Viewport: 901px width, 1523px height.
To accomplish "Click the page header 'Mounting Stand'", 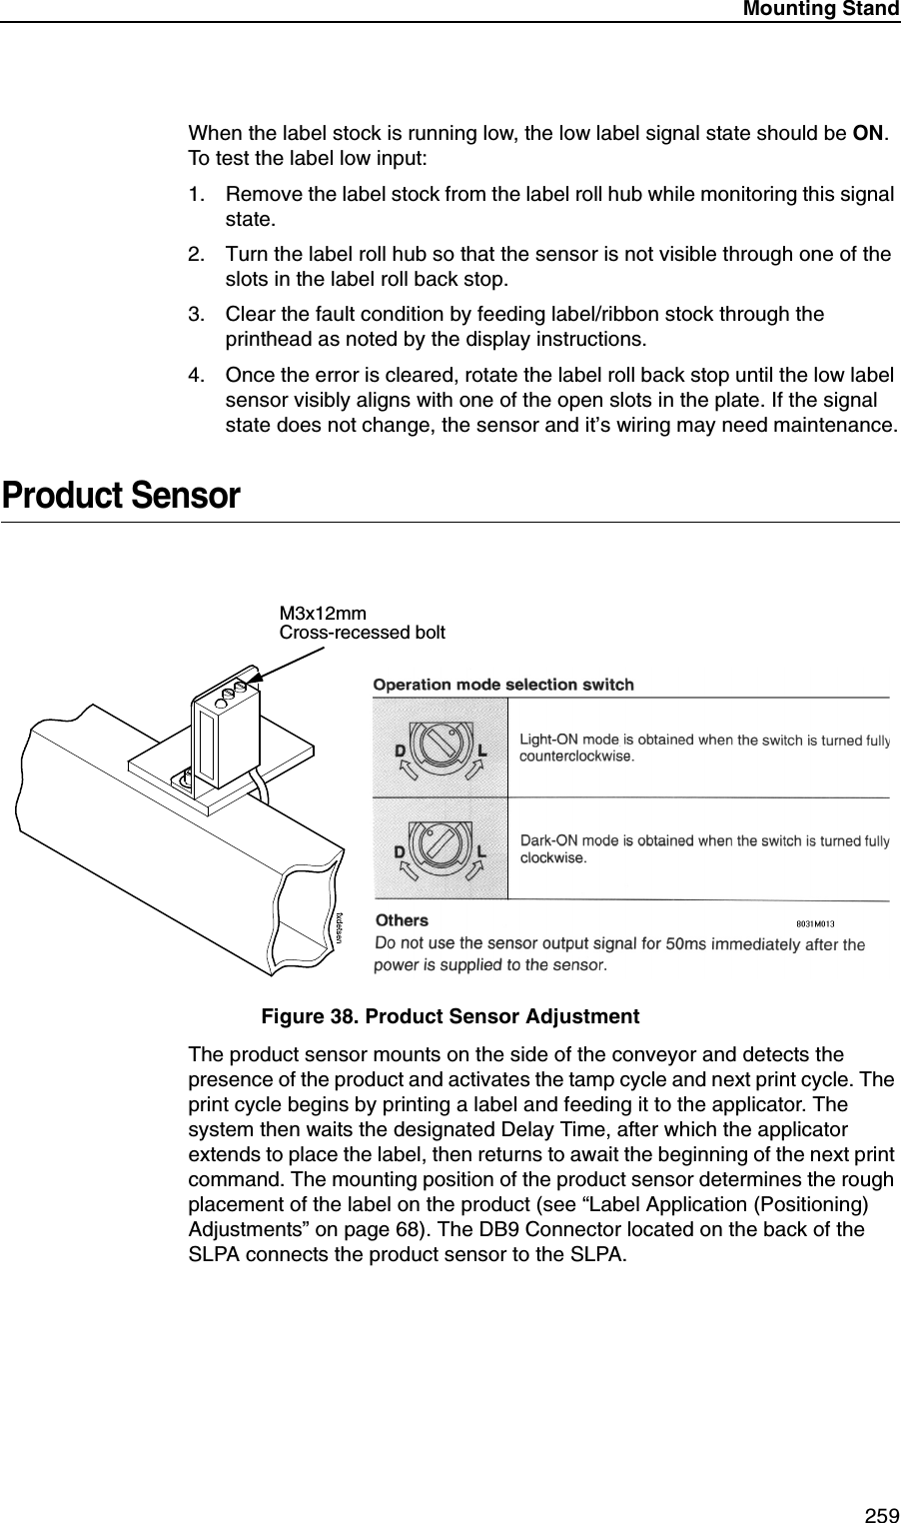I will pos(819,9).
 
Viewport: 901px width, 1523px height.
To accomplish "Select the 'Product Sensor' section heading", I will pos(121,496).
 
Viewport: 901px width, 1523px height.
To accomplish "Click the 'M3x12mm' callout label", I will pos(322,614).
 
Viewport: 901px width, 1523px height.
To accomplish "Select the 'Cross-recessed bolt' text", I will pos(362,633).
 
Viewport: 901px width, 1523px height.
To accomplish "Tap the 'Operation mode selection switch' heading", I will pos(502,685).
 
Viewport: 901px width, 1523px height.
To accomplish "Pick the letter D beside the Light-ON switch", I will pos(400,749).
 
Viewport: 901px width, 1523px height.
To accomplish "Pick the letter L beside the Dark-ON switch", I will pos(481,851).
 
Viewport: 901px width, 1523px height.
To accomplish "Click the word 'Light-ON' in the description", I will pos(548,740).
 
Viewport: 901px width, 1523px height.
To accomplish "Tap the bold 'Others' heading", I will pos(401,919).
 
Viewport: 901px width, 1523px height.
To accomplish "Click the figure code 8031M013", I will pos(814,923).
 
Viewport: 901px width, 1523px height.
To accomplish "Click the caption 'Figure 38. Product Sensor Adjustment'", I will pos(450,1016).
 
